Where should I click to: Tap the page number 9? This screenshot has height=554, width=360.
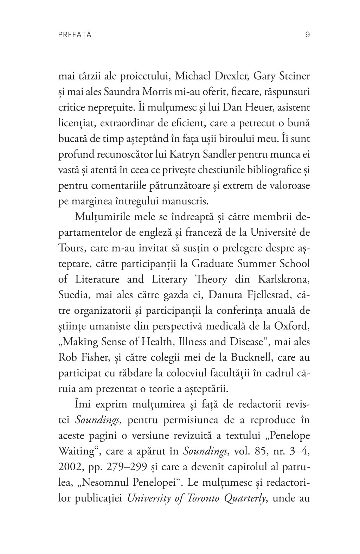click(x=307, y=34)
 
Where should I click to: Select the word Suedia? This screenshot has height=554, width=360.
click(x=72, y=295)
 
